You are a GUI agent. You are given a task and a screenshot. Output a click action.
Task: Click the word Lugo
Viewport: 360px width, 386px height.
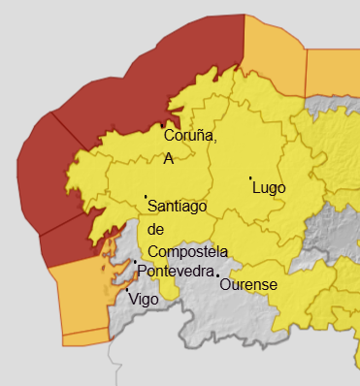click(269, 188)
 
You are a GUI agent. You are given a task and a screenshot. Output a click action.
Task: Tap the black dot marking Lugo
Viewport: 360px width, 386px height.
click(250, 178)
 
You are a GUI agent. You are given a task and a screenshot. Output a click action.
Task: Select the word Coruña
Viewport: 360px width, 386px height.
click(190, 137)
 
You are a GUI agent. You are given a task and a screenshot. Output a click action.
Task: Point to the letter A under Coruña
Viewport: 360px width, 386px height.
click(169, 158)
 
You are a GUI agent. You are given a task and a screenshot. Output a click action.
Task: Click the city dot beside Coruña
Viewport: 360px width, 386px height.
click(163, 126)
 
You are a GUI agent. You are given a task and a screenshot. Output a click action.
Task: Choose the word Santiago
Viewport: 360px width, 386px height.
click(179, 207)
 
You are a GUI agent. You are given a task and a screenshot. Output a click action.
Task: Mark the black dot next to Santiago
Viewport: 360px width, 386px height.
click(146, 197)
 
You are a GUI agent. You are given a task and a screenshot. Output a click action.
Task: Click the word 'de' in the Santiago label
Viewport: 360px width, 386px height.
click(156, 229)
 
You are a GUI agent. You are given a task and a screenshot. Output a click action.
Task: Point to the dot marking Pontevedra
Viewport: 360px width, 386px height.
click(135, 261)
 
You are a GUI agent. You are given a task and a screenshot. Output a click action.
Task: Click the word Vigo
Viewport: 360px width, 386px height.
click(143, 300)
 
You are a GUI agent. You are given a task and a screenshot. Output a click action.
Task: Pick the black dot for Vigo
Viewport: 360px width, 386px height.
click(127, 289)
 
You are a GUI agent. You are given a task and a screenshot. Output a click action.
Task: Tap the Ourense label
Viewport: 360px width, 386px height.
click(248, 285)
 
